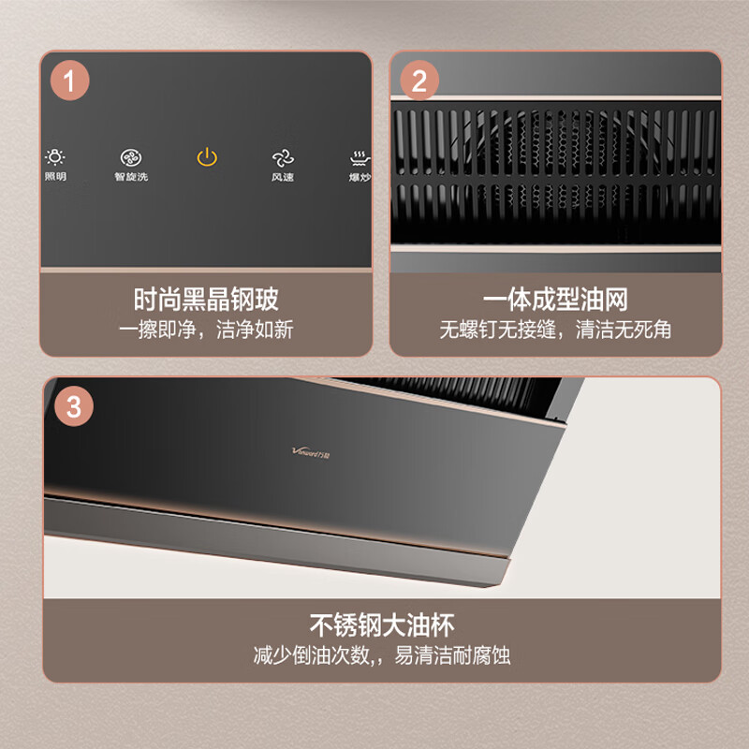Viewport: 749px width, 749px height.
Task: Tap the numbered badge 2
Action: click(x=419, y=79)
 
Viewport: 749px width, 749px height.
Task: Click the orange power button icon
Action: click(x=207, y=157)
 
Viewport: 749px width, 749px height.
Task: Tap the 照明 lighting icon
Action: click(x=55, y=157)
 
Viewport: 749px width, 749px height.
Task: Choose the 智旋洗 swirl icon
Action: click(x=131, y=157)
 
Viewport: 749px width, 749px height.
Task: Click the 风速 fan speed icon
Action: click(x=283, y=157)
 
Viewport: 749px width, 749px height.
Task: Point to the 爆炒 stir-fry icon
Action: click(x=359, y=157)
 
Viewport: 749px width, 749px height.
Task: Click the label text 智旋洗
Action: click(x=131, y=177)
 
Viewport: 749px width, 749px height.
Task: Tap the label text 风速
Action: click(x=283, y=177)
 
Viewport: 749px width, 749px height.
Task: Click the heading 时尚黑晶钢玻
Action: click(x=206, y=301)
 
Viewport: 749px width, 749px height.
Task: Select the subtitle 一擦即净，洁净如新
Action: click(x=206, y=330)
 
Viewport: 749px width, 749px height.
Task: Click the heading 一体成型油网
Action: click(x=555, y=301)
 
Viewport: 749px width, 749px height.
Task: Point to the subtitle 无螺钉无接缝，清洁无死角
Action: click(x=555, y=330)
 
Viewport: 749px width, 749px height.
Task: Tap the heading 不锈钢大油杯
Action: click(x=381, y=624)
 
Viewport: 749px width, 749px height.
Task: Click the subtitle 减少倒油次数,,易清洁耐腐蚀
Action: click(x=381, y=654)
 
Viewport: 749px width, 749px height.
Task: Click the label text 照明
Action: click(x=55, y=177)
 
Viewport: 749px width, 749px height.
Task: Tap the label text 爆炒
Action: click(x=360, y=177)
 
